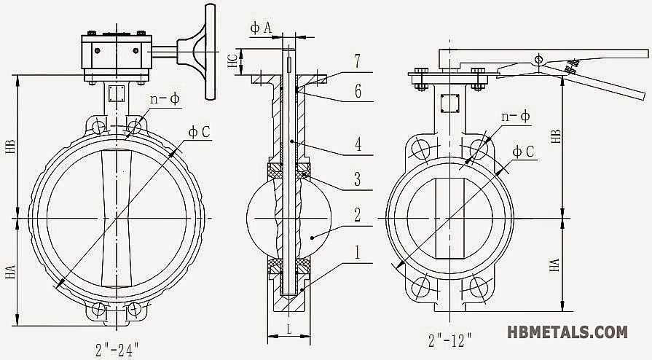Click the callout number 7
(357, 63)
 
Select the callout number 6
(357, 93)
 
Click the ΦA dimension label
(261, 27)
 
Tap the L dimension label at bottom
(289, 330)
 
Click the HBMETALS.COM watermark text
(567, 332)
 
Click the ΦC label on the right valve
(524, 152)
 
